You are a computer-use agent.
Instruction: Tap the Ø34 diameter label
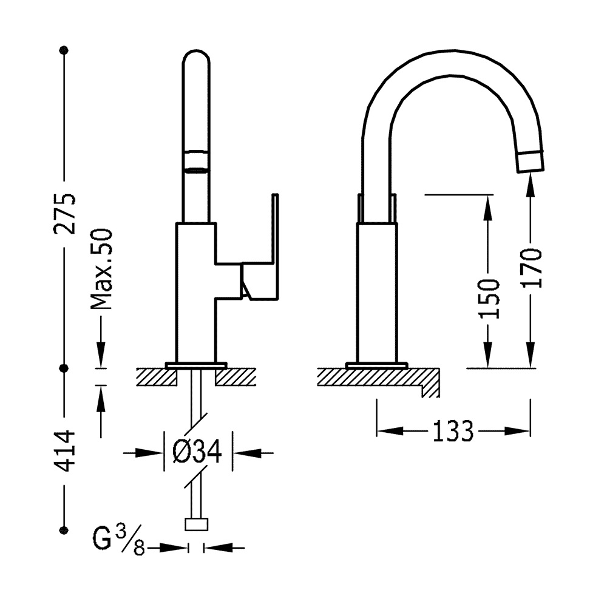pyautogui.click(x=197, y=452)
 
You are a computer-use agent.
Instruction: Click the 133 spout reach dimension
pyautogui.click(x=453, y=431)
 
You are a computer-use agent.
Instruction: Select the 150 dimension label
pyautogui.click(x=489, y=299)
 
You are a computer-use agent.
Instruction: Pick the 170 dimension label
pyautogui.click(x=531, y=268)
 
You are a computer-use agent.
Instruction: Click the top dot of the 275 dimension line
pyautogui.click(x=64, y=50)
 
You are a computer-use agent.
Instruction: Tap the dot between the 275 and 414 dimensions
pyautogui.click(x=64, y=368)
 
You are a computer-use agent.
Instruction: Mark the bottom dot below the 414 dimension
pyautogui.click(x=64, y=530)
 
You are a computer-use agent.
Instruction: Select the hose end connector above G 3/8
pyautogui.click(x=197, y=524)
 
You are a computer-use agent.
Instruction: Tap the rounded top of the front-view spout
pyautogui.click(x=196, y=50)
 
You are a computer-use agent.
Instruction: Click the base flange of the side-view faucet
pyautogui.click(x=377, y=365)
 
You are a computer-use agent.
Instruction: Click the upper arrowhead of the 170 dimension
pyautogui.click(x=531, y=185)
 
